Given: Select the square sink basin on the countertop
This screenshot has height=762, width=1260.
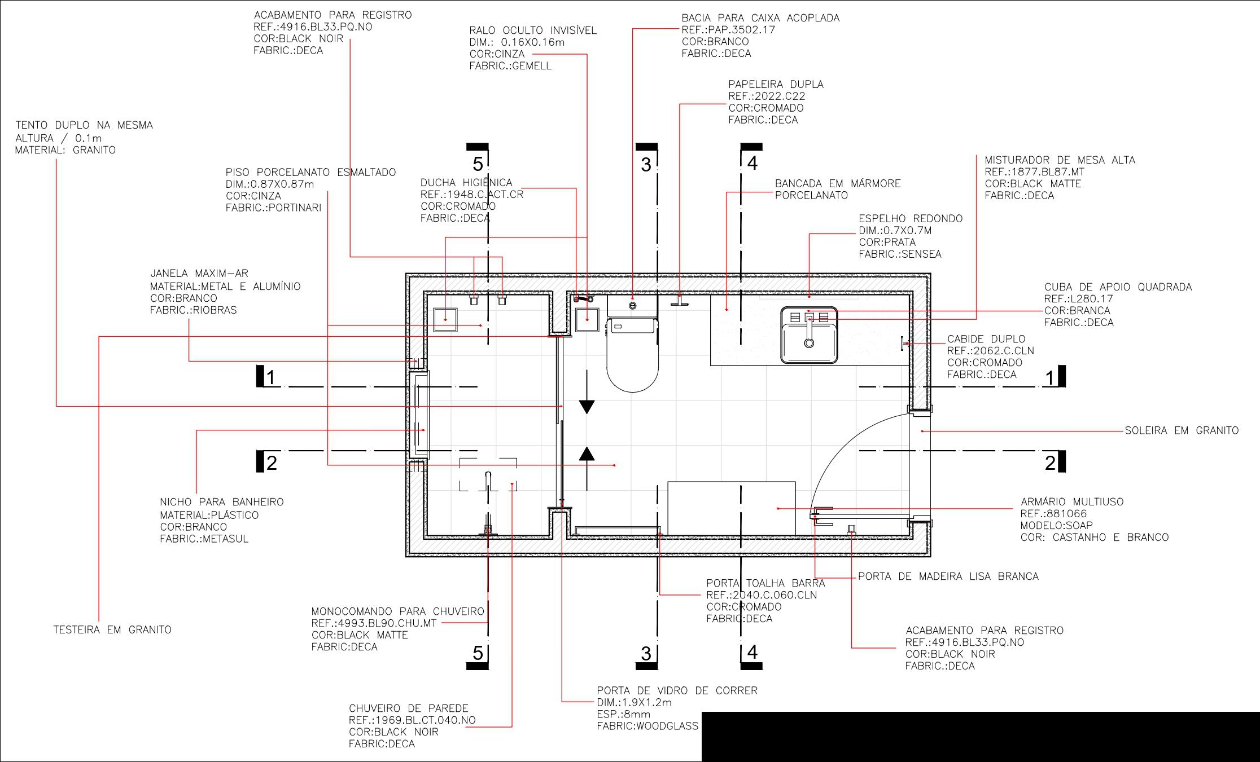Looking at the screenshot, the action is click(x=809, y=336).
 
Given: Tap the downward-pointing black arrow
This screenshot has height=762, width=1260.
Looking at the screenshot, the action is click(x=587, y=406).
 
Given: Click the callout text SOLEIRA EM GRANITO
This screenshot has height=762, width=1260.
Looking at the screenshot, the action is click(x=1182, y=431).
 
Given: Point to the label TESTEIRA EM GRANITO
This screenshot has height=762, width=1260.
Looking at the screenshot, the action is click(x=112, y=630).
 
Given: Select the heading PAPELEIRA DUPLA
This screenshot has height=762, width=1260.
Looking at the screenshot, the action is click(x=776, y=85).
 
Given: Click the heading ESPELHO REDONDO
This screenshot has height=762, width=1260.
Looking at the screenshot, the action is click(x=911, y=219).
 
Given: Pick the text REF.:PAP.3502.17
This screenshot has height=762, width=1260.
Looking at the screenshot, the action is click(x=728, y=30).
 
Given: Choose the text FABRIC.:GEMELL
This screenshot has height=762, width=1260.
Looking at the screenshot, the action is click(x=510, y=66).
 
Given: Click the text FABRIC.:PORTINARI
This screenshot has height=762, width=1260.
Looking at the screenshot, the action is click(x=273, y=208).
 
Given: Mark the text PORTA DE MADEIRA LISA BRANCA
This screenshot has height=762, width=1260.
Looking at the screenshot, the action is click(x=948, y=576).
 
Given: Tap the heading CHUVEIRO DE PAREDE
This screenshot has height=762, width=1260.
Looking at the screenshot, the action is click(x=408, y=708).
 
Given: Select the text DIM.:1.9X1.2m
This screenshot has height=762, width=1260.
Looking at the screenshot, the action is click(x=634, y=703).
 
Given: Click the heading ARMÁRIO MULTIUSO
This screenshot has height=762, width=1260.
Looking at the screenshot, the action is click(x=1071, y=502).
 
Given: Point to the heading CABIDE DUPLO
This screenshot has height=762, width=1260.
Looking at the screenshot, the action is click(x=986, y=339).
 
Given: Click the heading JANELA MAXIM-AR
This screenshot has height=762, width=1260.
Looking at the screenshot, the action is click(x=199, y=274).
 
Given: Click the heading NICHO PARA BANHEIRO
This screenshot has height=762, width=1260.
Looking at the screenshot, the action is click(x=221, y=502).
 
